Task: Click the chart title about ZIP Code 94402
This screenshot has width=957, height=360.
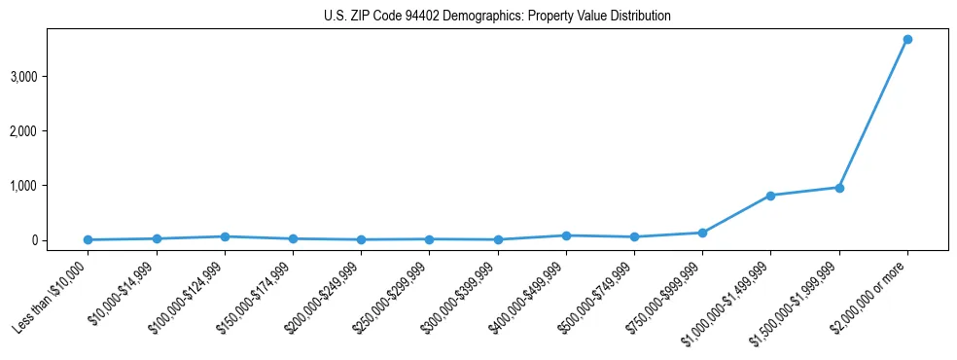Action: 497,17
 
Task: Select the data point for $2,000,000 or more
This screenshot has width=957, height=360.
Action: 906,40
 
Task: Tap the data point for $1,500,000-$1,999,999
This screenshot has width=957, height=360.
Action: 838,188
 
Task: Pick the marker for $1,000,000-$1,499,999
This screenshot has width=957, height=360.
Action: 770,196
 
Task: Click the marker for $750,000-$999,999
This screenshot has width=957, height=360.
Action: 702,233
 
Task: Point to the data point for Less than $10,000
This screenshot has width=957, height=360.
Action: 89,239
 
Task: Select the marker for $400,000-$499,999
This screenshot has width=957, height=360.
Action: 566,235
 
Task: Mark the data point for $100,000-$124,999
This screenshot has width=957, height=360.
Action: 225,236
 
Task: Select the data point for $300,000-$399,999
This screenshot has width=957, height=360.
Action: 498,239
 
